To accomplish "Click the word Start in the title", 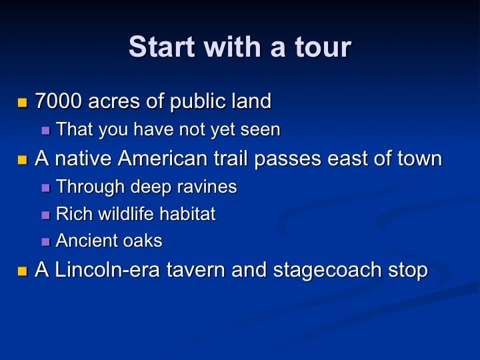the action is pyautogui.click(x=161, y=47).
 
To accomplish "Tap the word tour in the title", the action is pyautogui.click(x=323, y=47).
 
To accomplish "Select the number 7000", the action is pyautogui.click(x=59, y=101).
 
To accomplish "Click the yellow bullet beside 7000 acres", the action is pyautogui.click(x=23, y=103).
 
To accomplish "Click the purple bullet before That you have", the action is pyautogui.click(x=45, y=131).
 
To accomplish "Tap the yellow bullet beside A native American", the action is pyautogui.click(x=23, y=160).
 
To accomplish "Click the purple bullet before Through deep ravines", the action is pyautogui.click(x=45, y=187).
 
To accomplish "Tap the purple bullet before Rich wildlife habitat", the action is pyautogui.click(x=45, y=215).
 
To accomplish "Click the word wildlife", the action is pyautogui.click(x=126, y=213).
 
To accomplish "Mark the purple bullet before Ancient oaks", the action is pyautogui.click(x=45, y=242).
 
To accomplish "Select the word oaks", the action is pyautogui.click(x=143, y=241).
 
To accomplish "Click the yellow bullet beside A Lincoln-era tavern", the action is pyautogui.click(x=23, y=271).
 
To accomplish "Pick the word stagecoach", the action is pyautogui.click(x=327, y=271).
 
